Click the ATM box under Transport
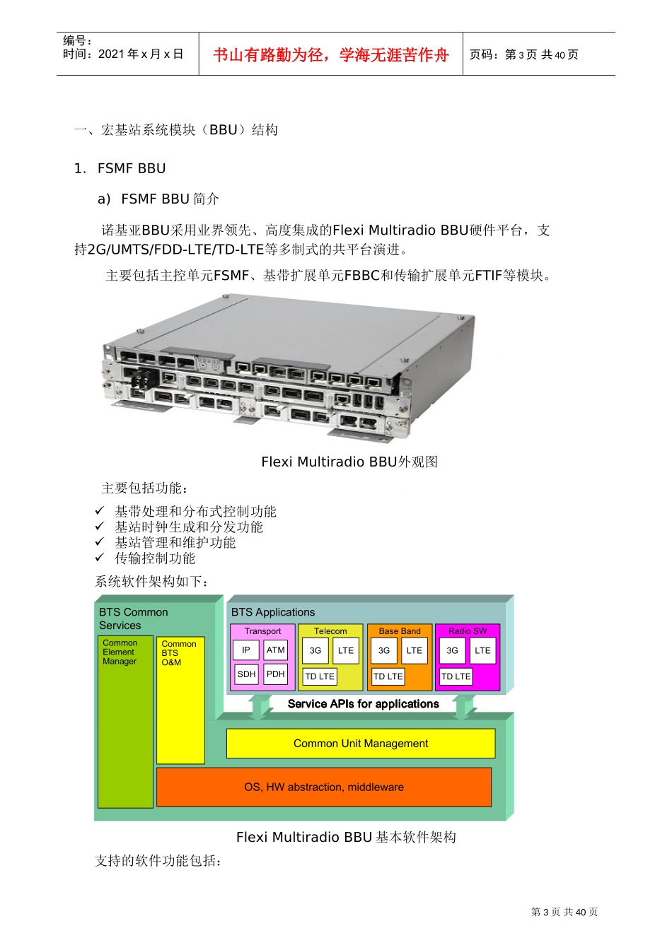coord(276,650)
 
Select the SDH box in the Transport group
coord(246,674)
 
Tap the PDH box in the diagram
coord(276,674)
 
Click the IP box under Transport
coord(246,650)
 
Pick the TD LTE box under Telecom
coord(320,676)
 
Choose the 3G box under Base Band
coord(384,651)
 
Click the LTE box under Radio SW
coord(482,651)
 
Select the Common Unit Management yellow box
coord(361,744)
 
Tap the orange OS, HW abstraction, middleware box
coord(324,787)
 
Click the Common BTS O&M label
coord(178,653)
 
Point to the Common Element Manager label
coord(120,652)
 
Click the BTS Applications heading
coord(273,612)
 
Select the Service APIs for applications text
coord(364,704)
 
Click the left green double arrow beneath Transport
coord(260,706)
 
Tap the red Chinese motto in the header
coord(331,55)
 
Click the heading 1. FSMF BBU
coord(120,168)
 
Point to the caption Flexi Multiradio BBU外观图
coord(349,462)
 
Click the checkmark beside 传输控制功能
coord(100,558)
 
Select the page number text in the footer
coord(564,912)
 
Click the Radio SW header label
coord(468,631)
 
